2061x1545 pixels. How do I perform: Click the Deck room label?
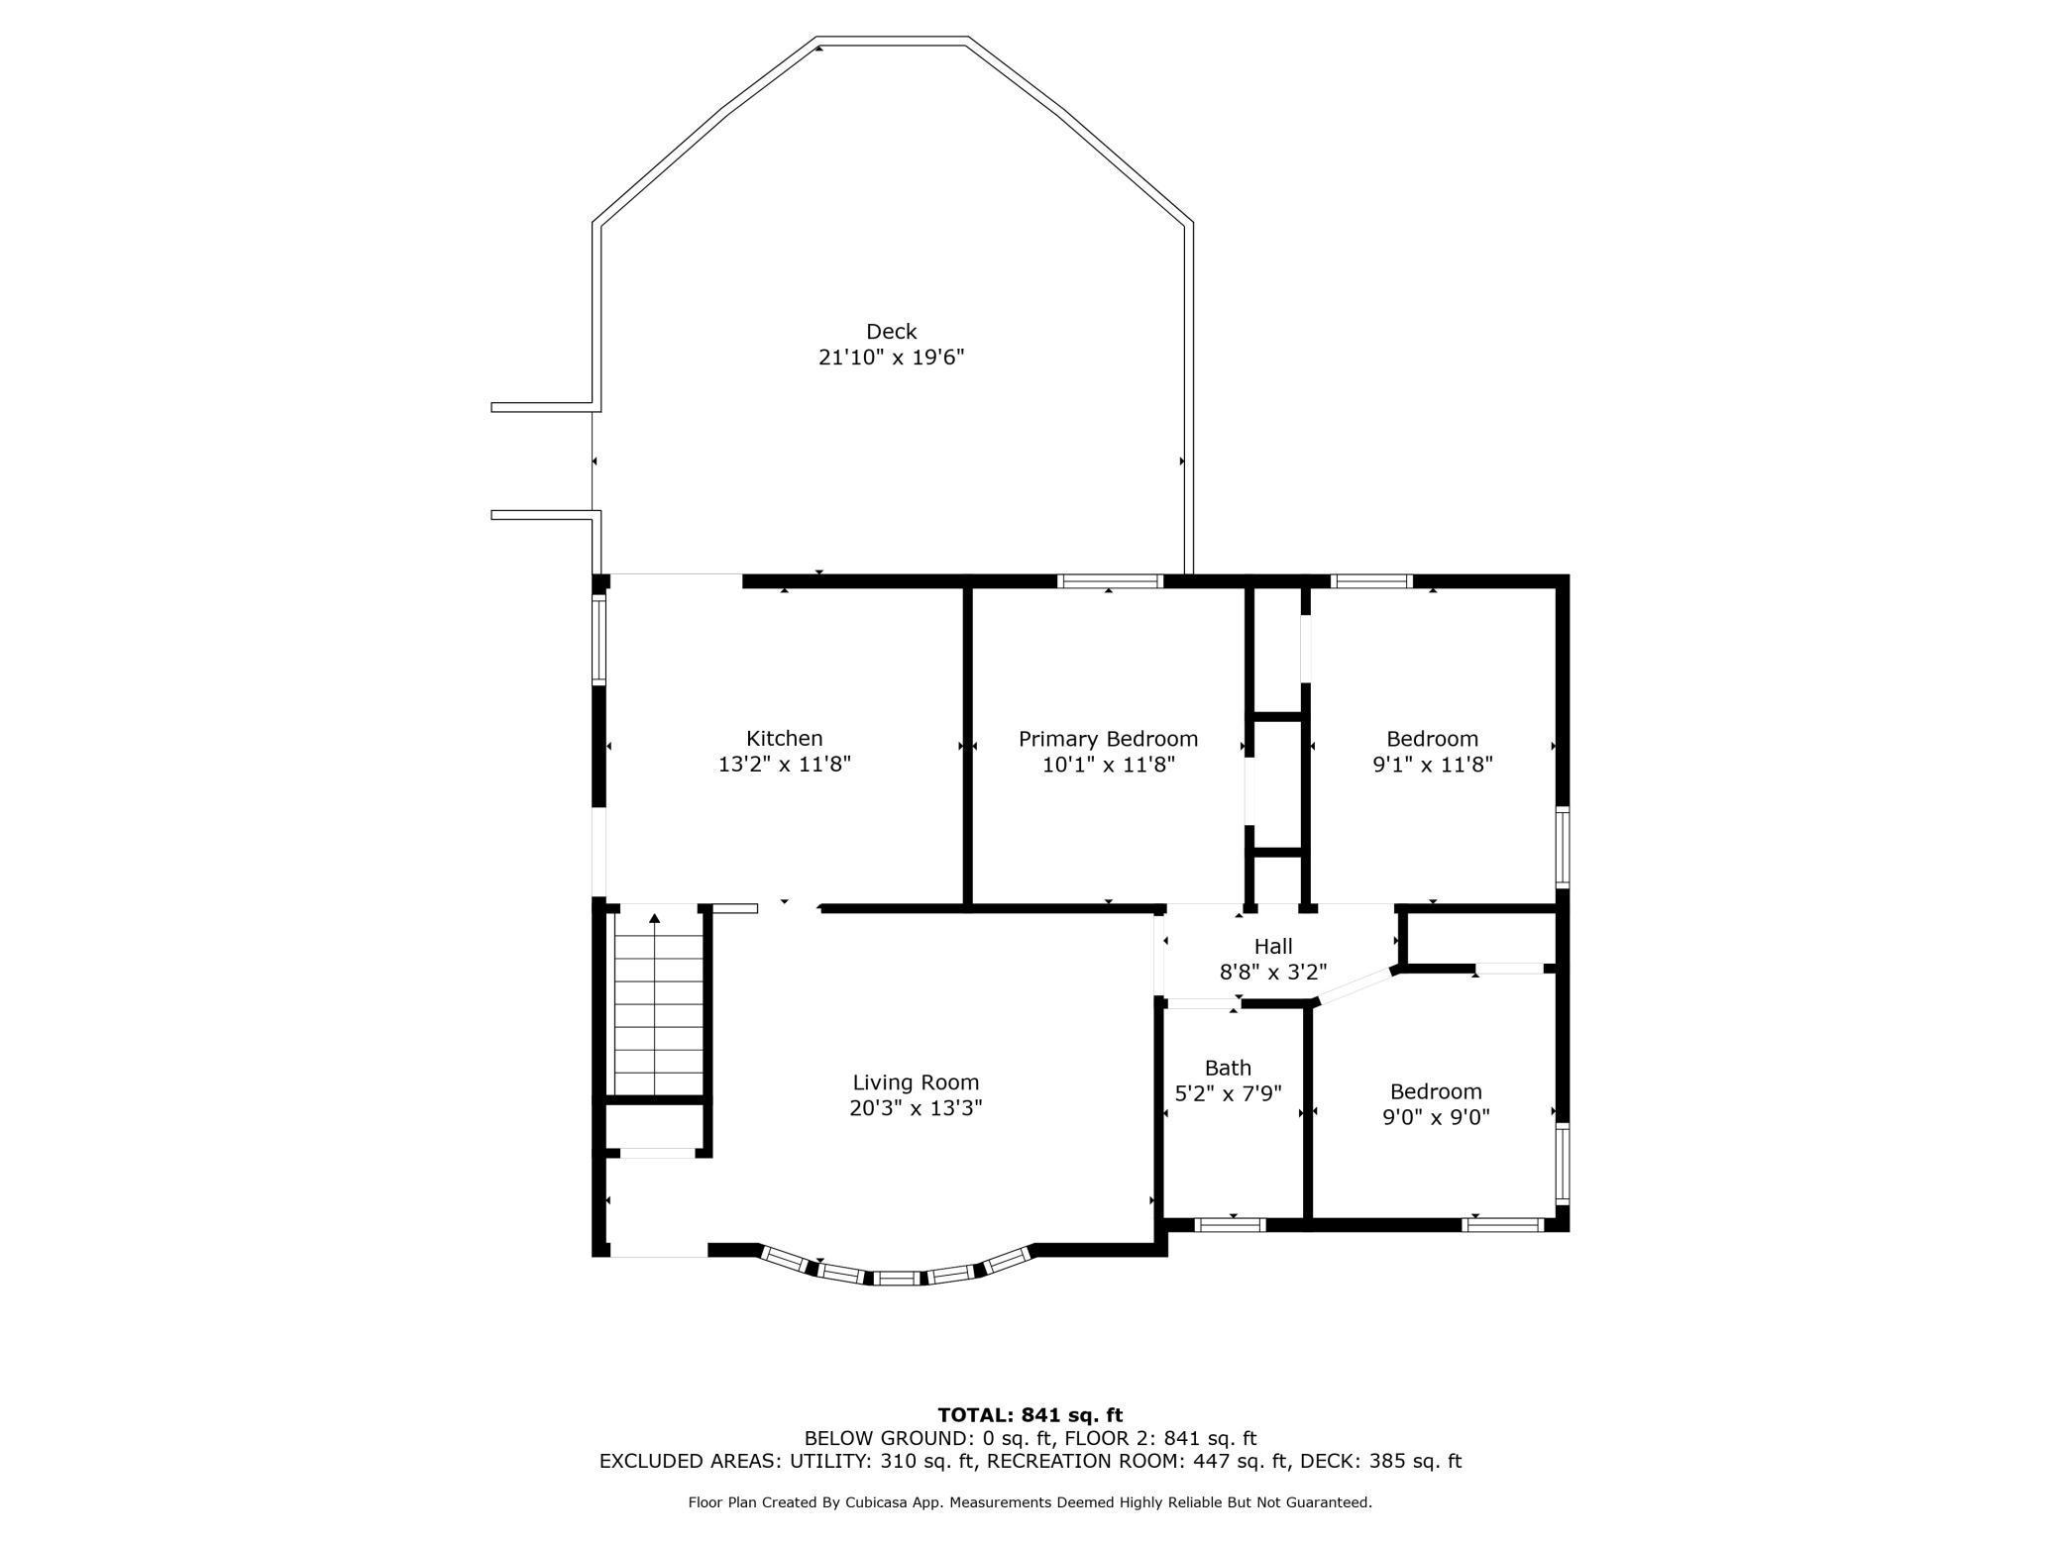pyautogui.click(x=891, y=332)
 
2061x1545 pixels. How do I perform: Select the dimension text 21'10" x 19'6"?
pyautogui.click(x=891, y=358)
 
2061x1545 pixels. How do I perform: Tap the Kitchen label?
pyautogui.click(x=784, y=739)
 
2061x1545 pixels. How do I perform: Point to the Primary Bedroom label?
pyautogui.click(x=1108, y=739)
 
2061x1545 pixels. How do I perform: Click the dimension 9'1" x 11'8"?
pyautogui.click(x=1432, y=765)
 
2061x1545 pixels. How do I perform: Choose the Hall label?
pyautogui.click(x=1272, y=946)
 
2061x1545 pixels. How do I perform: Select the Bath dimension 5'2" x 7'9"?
pyautogui.click(x=1228, y=1093)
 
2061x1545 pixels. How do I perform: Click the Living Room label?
pyautogui.click(x=916, y=1082)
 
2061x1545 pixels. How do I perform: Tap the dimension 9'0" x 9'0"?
pyautogui.click(x=1436, y=1117)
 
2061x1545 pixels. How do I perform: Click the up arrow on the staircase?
pyautogui.click(x=654, y=919)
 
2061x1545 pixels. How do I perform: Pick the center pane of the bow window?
pyautogui.click(x=897, y=1279)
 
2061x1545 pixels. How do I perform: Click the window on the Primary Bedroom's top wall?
pyautogui.click(x=1109, y=581)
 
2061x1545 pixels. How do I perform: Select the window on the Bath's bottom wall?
pyautogui.click(x=1230, y=1225)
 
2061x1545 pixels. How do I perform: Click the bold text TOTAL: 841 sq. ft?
pyautogui.click(x=1030, y=1415)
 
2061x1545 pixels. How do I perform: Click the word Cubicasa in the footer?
pyautogui.click(x=881, y=1502)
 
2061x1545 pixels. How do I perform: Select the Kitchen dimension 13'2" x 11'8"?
pyautogui.click(x=784, y=765)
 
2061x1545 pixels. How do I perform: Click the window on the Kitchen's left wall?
pyautogui.click(x=598, y=639)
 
